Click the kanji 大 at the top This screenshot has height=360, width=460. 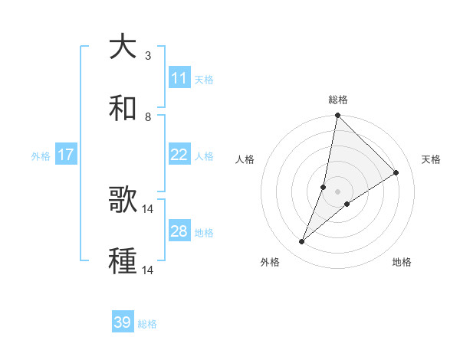[123, 47]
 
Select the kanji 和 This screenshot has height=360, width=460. [123, 109]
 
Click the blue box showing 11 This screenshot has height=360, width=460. [179, 78]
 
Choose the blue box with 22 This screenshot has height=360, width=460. [179, 155]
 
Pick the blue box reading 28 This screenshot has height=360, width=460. [179, 231]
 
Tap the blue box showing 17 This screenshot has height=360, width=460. [66, 155]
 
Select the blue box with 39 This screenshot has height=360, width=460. [123, 323]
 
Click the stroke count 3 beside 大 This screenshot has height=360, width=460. [148, 56]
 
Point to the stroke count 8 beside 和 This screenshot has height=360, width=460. [148, 117]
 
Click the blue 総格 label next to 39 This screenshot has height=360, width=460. [148, 324]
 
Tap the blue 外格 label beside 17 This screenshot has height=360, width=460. [41, 155]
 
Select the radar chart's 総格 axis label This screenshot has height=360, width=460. [338, 100]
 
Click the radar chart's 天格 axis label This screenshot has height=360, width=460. [431, 159]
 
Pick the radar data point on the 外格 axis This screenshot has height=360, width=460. [302, 242]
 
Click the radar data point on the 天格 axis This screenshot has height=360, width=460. [396, 173]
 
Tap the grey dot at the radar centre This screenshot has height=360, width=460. [338, 191]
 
